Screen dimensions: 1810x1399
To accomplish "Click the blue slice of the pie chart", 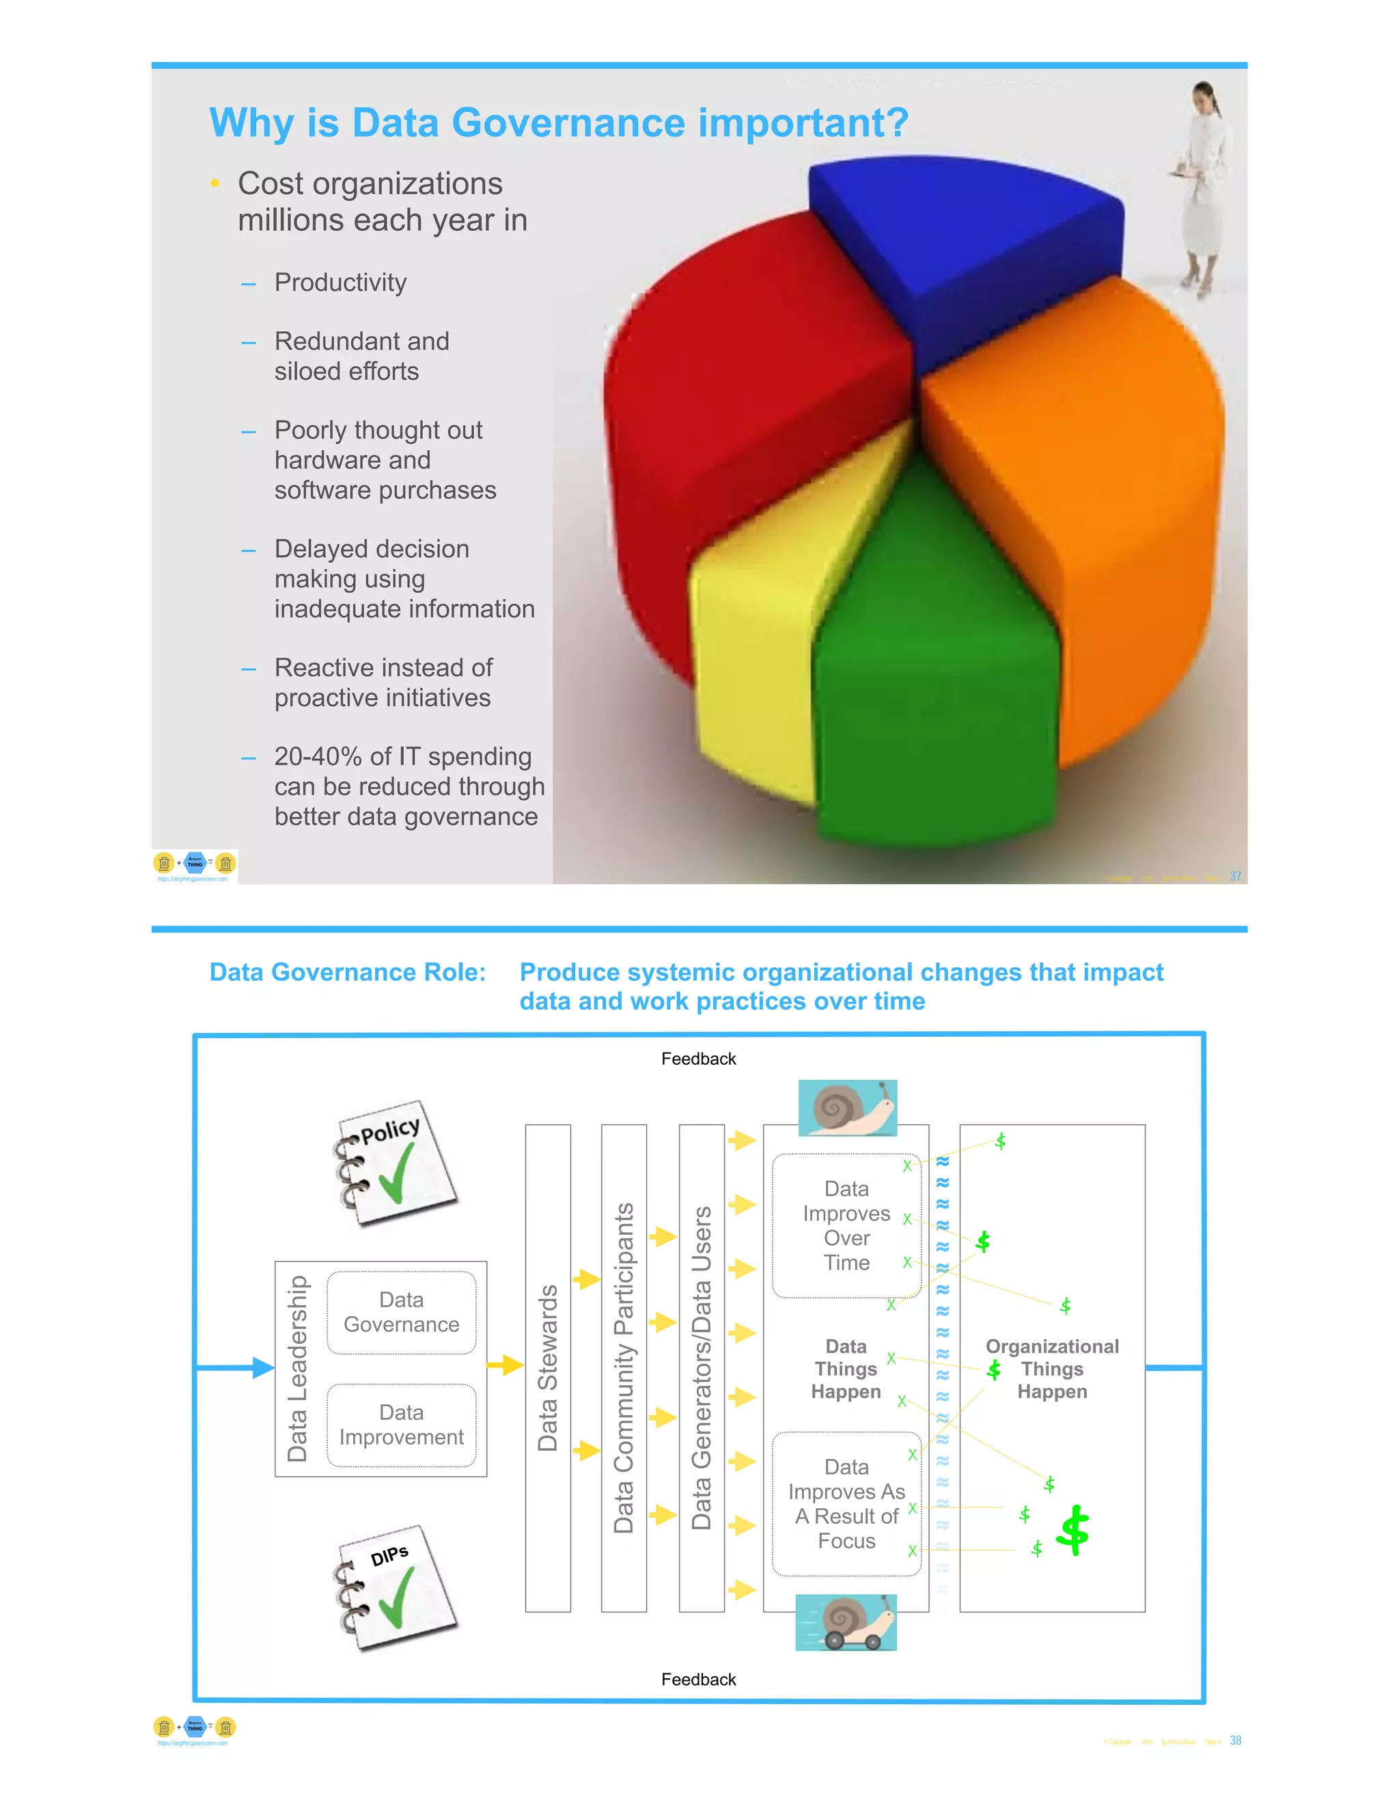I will tap(961, 240).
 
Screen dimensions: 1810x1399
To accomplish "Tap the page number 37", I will tap(1235, 876).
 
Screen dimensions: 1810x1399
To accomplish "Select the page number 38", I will tap(1235, 1740).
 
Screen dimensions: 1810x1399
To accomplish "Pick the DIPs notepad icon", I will tap(396, 1587).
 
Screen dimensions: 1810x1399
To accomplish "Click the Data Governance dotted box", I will tap(401, 1312).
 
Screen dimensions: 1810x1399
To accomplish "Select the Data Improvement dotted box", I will tap(401, 1425).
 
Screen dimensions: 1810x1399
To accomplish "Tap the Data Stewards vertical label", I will tap(548, 1367).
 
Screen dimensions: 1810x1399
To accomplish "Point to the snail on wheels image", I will tap(846, 1623).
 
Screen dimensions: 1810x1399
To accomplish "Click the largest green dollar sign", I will tap(1073, 1530).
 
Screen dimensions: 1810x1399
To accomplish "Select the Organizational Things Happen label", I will tap(1052, 1368).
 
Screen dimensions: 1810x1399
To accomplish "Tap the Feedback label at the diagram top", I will tap(698, 1058).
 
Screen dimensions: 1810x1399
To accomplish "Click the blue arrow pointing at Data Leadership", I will tap(262, 1367).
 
